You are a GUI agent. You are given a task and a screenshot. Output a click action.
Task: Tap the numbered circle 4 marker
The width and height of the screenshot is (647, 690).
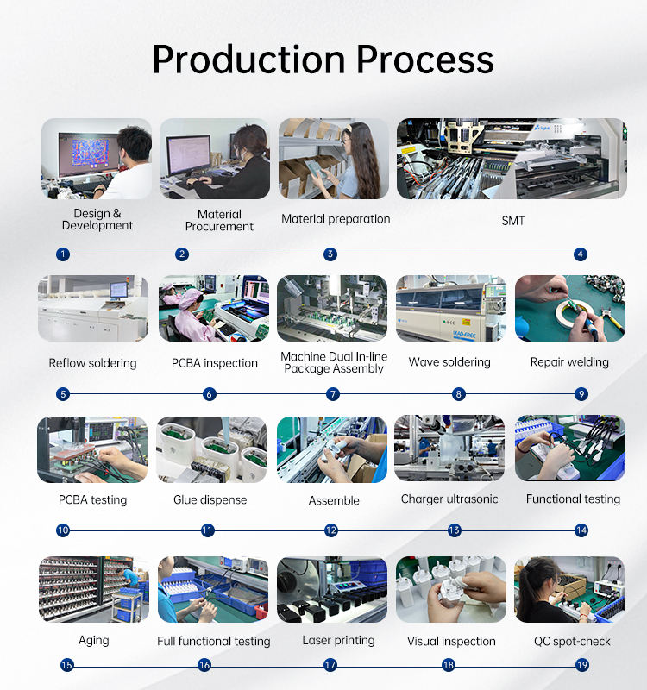click(x=581, y=254)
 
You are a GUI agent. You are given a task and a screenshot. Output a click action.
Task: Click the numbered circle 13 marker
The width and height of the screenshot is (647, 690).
click(x=454, y=530)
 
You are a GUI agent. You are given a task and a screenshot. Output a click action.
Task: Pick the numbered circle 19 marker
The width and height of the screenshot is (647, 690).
click(x=581, y=665)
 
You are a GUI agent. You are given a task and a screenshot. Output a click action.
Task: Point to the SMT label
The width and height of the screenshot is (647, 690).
click(x=512, y=221)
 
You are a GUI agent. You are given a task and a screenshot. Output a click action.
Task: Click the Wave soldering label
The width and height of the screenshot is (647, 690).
click(x=449, y=362)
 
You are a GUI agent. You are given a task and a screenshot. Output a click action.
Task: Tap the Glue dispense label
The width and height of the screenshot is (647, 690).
click(x=210, y=499)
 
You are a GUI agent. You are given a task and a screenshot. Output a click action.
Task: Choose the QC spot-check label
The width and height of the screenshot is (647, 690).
click(x=572, y=641)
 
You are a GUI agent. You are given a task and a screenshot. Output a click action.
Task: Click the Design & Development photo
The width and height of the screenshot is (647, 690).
click(x=97, y=159)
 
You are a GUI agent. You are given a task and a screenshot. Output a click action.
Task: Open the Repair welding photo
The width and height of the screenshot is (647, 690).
click(x=569, y=309)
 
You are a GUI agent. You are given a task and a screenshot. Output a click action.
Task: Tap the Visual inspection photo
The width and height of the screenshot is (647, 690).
click(x=450, y=589)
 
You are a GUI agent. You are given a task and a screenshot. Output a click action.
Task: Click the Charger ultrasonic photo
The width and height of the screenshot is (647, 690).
click(x=449, y=448)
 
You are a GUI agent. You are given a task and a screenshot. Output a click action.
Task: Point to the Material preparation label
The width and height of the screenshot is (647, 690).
click(x=336, y=219)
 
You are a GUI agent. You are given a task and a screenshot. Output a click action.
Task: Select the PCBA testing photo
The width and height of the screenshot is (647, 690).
click(x=92, y=449)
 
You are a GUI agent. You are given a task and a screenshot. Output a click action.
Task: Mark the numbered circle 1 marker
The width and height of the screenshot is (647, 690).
click(x=63, y=254)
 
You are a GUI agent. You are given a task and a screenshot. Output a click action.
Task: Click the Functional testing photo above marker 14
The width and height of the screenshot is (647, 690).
click(x=569, y=448)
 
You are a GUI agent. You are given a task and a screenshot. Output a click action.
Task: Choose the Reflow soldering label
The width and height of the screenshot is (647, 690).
click(x=92, y=363)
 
